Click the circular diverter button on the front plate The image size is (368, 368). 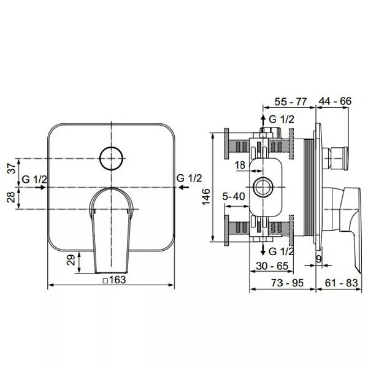point(112,159)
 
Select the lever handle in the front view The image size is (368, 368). point(112,227)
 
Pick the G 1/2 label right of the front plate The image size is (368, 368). point(190,178)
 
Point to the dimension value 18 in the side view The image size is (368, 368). point(240,164)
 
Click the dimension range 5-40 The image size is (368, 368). point(234,197)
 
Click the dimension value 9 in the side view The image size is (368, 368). point(320,259)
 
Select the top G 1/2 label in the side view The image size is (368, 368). point(282,119)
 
